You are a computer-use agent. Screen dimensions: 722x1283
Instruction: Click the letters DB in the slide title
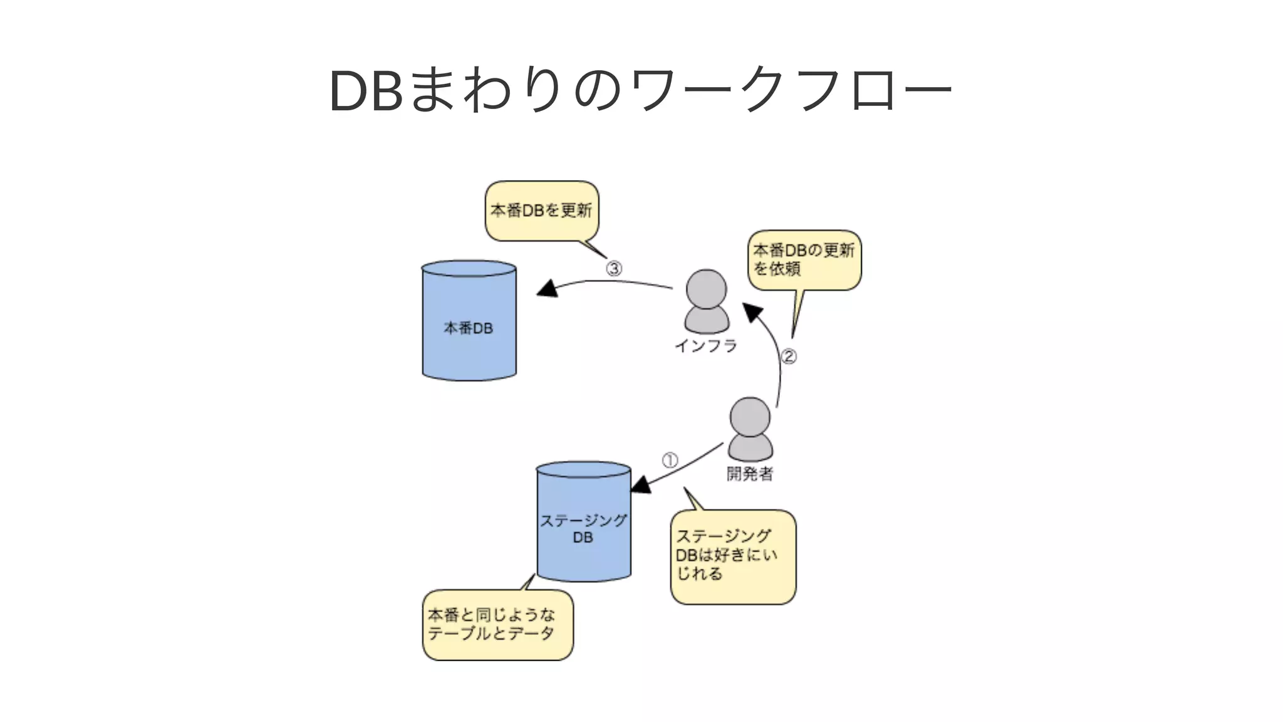pos(366,92)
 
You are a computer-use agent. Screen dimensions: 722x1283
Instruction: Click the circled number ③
pos(613,269)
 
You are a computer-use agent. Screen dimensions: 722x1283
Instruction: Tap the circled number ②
pos(789,357)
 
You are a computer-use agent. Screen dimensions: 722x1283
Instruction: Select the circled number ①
pos(670,461)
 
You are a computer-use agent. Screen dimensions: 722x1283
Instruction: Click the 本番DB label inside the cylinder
pos(469,328)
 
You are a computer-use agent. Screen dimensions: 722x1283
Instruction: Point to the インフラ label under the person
pos(706,346)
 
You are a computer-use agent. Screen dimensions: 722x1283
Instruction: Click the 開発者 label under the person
pos(750,474)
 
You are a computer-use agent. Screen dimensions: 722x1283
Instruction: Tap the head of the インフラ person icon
pos(707,289)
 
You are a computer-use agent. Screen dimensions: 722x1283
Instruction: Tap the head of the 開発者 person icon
pos(750,417)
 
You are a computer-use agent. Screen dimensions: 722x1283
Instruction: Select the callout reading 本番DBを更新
pos(542,211)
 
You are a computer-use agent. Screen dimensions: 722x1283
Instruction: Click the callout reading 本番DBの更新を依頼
pos(804,259)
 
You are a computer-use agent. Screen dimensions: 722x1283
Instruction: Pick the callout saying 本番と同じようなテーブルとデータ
pos(497,624)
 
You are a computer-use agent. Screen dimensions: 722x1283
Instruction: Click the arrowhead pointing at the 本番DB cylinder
pos(549,289)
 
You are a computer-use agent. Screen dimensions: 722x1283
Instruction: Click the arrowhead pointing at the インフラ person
pos(752,311)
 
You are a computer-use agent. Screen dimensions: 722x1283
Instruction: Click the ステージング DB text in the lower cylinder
pos(583,529)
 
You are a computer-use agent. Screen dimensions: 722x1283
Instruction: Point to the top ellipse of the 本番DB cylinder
pos(469,269)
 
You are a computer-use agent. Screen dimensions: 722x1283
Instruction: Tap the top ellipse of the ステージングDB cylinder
pos(583,470)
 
